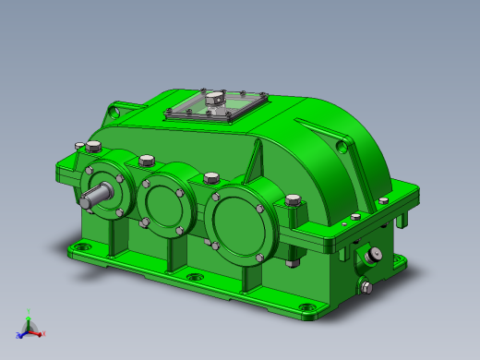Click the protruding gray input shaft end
(x=93, y=197)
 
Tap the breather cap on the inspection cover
(x=214, y=96)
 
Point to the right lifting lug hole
(x=343, y=145)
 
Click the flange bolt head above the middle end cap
(x=146, y=161)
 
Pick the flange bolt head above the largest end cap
(x=210, y=177)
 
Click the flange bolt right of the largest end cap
(x=294, y=199)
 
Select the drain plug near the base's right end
(x=366, y=287)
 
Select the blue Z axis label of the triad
(x=19, y=336)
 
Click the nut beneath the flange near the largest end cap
(x=293, y=262)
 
